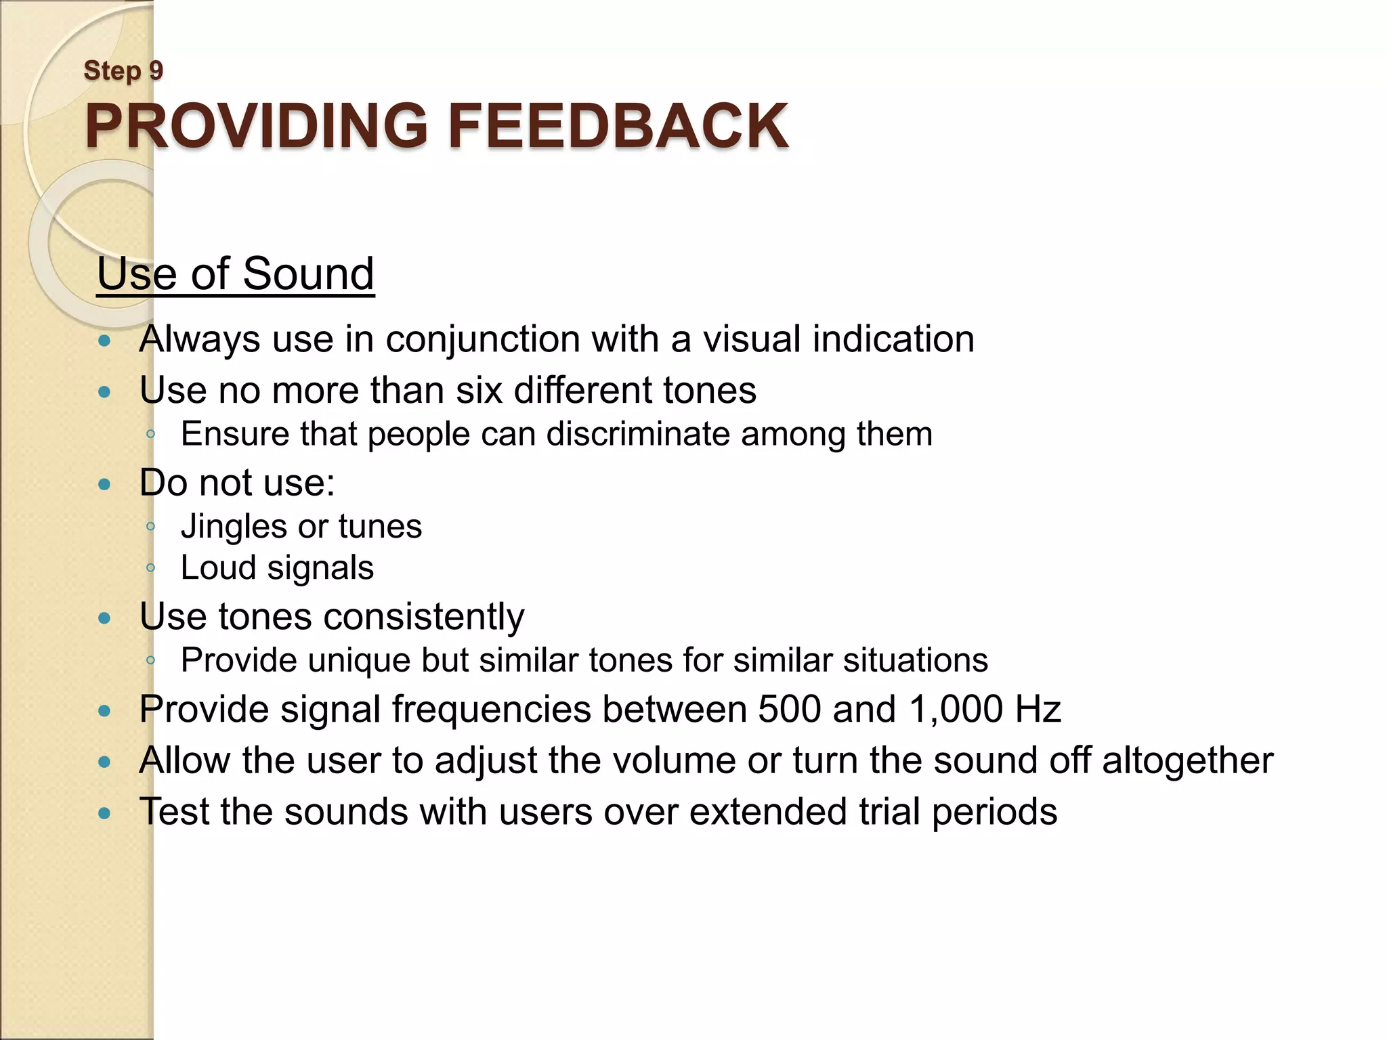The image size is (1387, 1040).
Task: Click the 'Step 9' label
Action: pyautogui.click(x=123, y=71)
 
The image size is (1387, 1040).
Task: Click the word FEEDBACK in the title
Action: pyautogui.click(x=618, y=127)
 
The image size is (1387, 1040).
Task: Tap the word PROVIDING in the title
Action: pyautogui.click(x=256, y=127)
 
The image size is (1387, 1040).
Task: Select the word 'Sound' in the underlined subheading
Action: pyautogui.click(x=308, y=274)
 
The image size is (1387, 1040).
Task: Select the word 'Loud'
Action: pyautogui.click(x=213, y=568)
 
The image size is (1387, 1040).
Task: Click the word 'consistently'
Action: pyautogui.click(x=423, y=617)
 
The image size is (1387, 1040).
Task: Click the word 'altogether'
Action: pyautogui.click(x=1188, y=761)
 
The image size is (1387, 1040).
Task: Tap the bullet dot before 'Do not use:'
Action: pyautogui.click(x=104, y=484)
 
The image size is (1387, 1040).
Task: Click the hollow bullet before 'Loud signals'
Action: pyautogui.click(x=151, y=567)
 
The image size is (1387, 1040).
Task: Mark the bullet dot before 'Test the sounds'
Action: pyautogui.click(x=104, y=812)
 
